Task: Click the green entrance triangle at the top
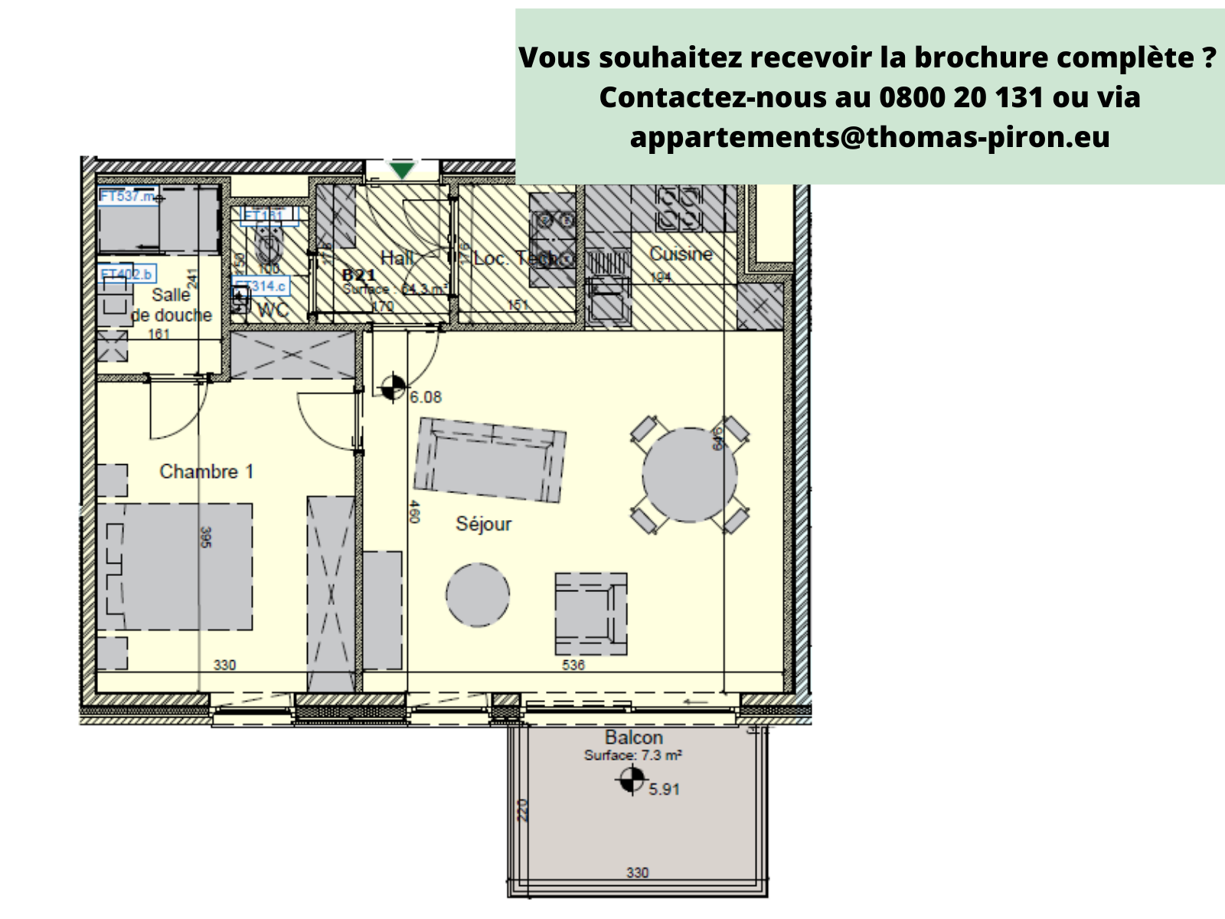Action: click(x=402, y=170)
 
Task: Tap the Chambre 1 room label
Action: click(x=206, y=471)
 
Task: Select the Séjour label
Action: click(x=483, y=524)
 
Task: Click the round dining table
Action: click(x=689, y=475)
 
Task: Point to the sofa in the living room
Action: click(x=490, y=459)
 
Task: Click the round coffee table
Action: click(x=478, y=595)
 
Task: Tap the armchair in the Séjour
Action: click(x=590, y=613)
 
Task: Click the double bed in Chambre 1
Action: click(x=176, y=567)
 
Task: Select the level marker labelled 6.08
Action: click(x=393, y=388)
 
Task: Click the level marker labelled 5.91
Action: click(x=632, y=781)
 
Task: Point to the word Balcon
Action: click(x=634, y=737)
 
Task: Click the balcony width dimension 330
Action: click(x=637, y=872)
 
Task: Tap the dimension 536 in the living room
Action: click(x=573, y=665)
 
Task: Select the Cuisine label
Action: click(x=681, y=253)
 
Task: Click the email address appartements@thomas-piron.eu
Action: click(x=870, y=137)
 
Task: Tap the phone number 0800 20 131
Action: click(x=961, y=97)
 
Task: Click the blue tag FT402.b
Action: click(x=127, y=274)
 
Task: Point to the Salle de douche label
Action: click(x=171, y=305)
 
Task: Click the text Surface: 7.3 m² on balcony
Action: click(x=633, y=755)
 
